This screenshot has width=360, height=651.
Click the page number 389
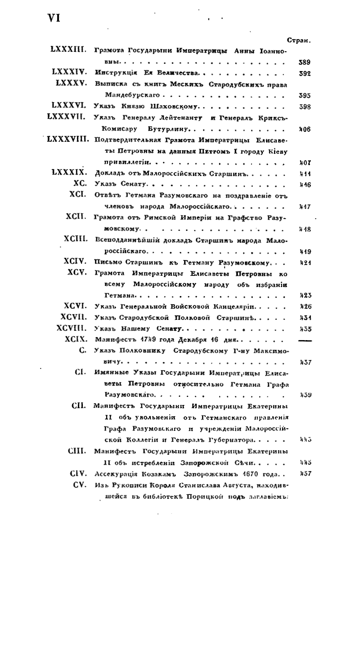point(305,63)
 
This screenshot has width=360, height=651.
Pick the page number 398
point(305,107)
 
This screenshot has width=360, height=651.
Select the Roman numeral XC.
point(80,183)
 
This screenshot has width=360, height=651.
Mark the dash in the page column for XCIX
point(305,340)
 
